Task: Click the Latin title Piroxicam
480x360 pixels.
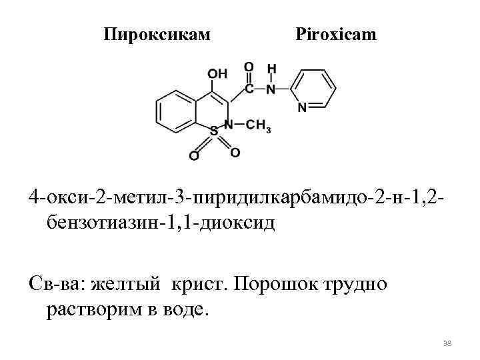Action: coord(335,33)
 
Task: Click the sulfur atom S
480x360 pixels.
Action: coord(214,132)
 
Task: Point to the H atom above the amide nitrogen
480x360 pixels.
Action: coord(271,69)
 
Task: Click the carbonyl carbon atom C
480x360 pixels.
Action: coord(249,88)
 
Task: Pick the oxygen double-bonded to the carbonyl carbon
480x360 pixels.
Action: coord(249,68)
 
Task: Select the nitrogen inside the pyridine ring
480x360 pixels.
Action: coord(302,107)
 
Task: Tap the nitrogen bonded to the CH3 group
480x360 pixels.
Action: coord(229,124)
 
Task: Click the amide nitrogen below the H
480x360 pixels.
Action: coord(271,88)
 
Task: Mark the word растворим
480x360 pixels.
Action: coord(97,309)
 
